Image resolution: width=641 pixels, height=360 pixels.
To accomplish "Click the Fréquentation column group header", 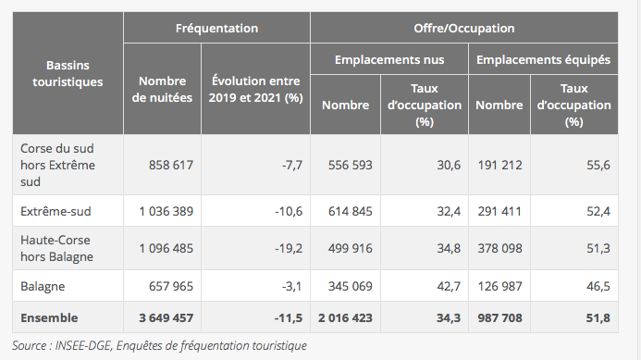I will pyautogui.click(x=216, y=29).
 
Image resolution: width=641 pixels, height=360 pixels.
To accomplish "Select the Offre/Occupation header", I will pyautogui.click(x=463, y=29).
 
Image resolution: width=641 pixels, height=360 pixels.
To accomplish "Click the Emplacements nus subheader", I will pyautogui.click(x=389, y=59).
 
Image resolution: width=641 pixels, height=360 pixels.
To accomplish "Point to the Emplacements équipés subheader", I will pyautogui.click(x=542, y=59).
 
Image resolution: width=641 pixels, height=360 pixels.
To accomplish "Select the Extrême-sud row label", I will pyautogui.click(x=55, y=211).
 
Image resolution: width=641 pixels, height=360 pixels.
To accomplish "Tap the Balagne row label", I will pyautogui.click(x=43, y=285).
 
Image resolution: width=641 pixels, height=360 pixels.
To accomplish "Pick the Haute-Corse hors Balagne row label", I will pyautogui.click(x=56, y=248).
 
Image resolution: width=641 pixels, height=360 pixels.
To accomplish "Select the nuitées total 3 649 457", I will pyautogui.click(x=166, y=317).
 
